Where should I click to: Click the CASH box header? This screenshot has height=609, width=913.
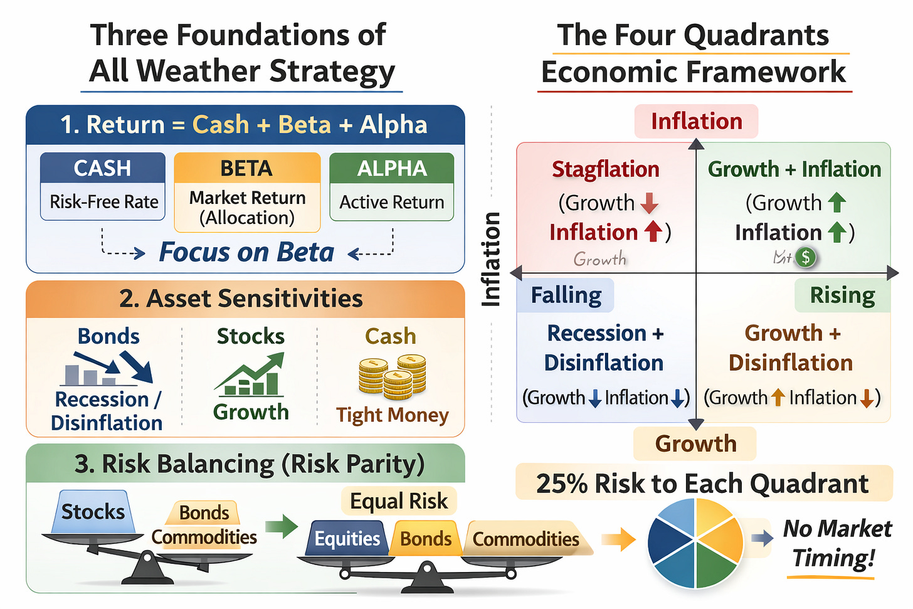click(102, 168)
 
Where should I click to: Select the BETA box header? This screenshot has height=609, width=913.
click(246, 168)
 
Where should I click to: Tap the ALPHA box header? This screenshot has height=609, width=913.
click(392, 168)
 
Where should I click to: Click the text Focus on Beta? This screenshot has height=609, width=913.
click(246, 252)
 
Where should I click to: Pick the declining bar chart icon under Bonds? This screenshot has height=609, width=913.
click(107, 368)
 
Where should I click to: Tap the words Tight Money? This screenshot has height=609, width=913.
click(393, 415)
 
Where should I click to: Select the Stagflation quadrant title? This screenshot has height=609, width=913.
click(605, 169)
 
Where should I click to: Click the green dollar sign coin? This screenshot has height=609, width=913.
click(806, 257)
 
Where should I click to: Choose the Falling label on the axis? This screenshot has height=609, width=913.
click(566, 295)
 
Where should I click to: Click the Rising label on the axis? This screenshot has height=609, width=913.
click(842, 295)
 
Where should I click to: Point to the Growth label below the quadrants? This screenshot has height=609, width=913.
click(695, 443)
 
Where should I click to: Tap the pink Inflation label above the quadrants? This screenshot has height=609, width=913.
click(696, 121)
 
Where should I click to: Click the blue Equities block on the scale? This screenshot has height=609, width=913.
click(347, 538)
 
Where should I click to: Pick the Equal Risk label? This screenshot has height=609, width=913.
click(399, 501)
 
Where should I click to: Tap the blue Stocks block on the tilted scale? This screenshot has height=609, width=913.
click(93, 511)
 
